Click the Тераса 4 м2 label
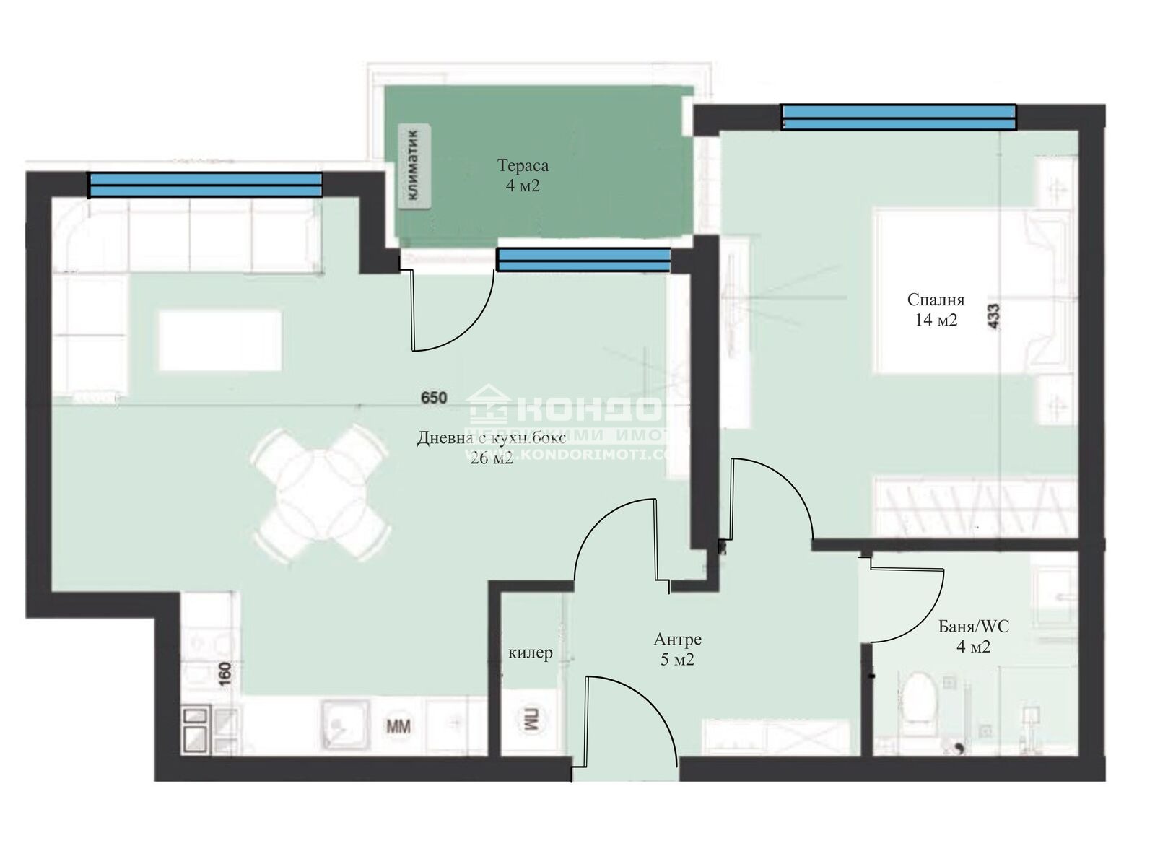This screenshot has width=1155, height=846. (x=523, y=175)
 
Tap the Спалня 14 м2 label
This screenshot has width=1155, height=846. (x=936, y=310)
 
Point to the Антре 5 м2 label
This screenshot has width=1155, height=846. (x=677, y=648)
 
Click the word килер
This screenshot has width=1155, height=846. (x=531, y=653)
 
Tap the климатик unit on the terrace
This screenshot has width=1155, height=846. (x=414, y=166)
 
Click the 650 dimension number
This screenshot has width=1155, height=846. (x=435, y=397)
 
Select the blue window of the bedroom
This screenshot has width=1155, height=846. (x=899, y=117)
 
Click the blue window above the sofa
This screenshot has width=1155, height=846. (x=204, y=185)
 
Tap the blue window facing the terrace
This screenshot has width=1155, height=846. (x=583, y=260)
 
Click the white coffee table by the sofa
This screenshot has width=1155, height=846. (x=219, y=341)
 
